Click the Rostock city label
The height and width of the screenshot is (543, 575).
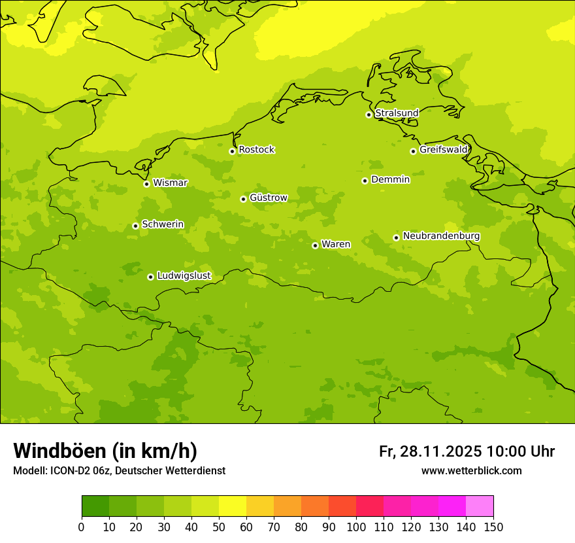pos(256,150)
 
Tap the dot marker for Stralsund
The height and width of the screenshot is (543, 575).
pos(369,114)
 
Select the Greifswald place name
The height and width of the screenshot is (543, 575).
pos(443,150)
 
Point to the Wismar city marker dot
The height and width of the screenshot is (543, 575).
pos(146,184)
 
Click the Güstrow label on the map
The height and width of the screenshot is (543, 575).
pos(268,198)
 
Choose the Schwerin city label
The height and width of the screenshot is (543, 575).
pos(162,224)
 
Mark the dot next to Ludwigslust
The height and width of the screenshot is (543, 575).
pos(150,277)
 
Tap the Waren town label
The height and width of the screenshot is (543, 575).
pos(335,244)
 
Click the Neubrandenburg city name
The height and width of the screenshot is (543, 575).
pos(441,236)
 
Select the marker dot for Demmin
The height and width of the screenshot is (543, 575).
pos(365,181)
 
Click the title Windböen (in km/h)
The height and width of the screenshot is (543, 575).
pos(105,451)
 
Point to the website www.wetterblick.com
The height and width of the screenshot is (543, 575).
pos(471,470)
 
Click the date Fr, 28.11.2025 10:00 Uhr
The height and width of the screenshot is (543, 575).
pos(467,451)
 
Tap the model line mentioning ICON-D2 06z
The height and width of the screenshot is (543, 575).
pos(119,470)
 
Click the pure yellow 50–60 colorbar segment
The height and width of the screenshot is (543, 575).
pos(233,506)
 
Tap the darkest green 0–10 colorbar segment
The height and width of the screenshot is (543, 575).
pos(95,506)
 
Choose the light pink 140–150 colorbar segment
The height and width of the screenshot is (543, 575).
pos(480,506)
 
